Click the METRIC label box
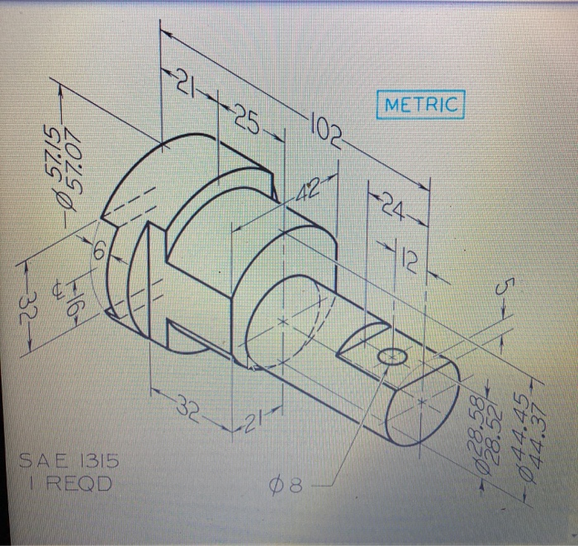420,106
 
